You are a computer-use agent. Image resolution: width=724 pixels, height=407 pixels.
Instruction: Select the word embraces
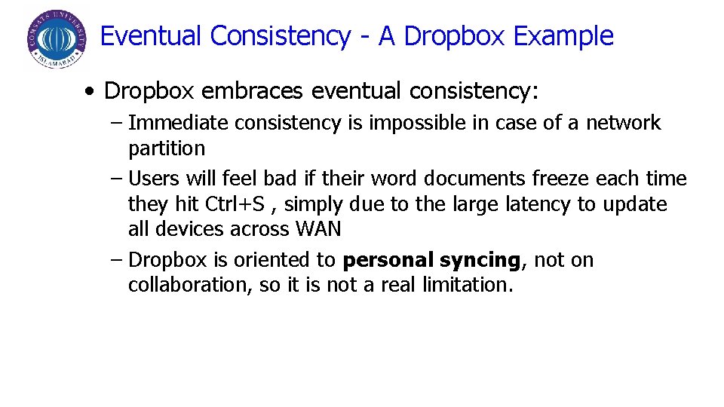[x=256, y=91]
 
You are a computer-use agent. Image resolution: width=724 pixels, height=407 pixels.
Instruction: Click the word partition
[x=166, y=148]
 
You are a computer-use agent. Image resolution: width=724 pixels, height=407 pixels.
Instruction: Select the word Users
[x=154, y=179]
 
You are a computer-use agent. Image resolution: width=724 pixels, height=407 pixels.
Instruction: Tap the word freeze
[x=560, y=179]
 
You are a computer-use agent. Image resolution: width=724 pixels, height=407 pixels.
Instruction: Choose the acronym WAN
[x=318, y=229]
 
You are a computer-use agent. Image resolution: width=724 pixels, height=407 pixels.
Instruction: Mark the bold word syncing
[x=480, y=261]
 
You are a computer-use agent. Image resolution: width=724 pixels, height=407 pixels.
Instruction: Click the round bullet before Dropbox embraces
[x=90, y=93]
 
